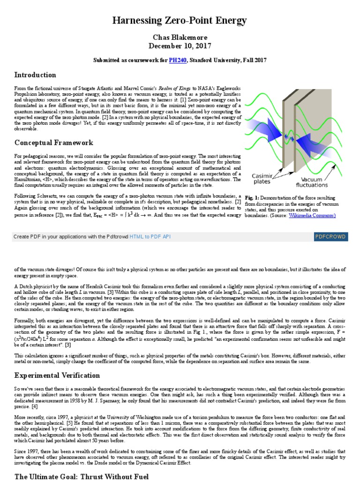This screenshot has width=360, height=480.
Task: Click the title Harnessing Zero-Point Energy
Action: point(180,21)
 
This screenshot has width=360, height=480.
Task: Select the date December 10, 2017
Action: point(180,46)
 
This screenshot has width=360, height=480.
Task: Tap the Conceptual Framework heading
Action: point(54,142)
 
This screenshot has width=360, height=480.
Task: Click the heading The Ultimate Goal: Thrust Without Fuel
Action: point(81,476)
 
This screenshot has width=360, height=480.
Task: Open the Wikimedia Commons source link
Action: point(313,215)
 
